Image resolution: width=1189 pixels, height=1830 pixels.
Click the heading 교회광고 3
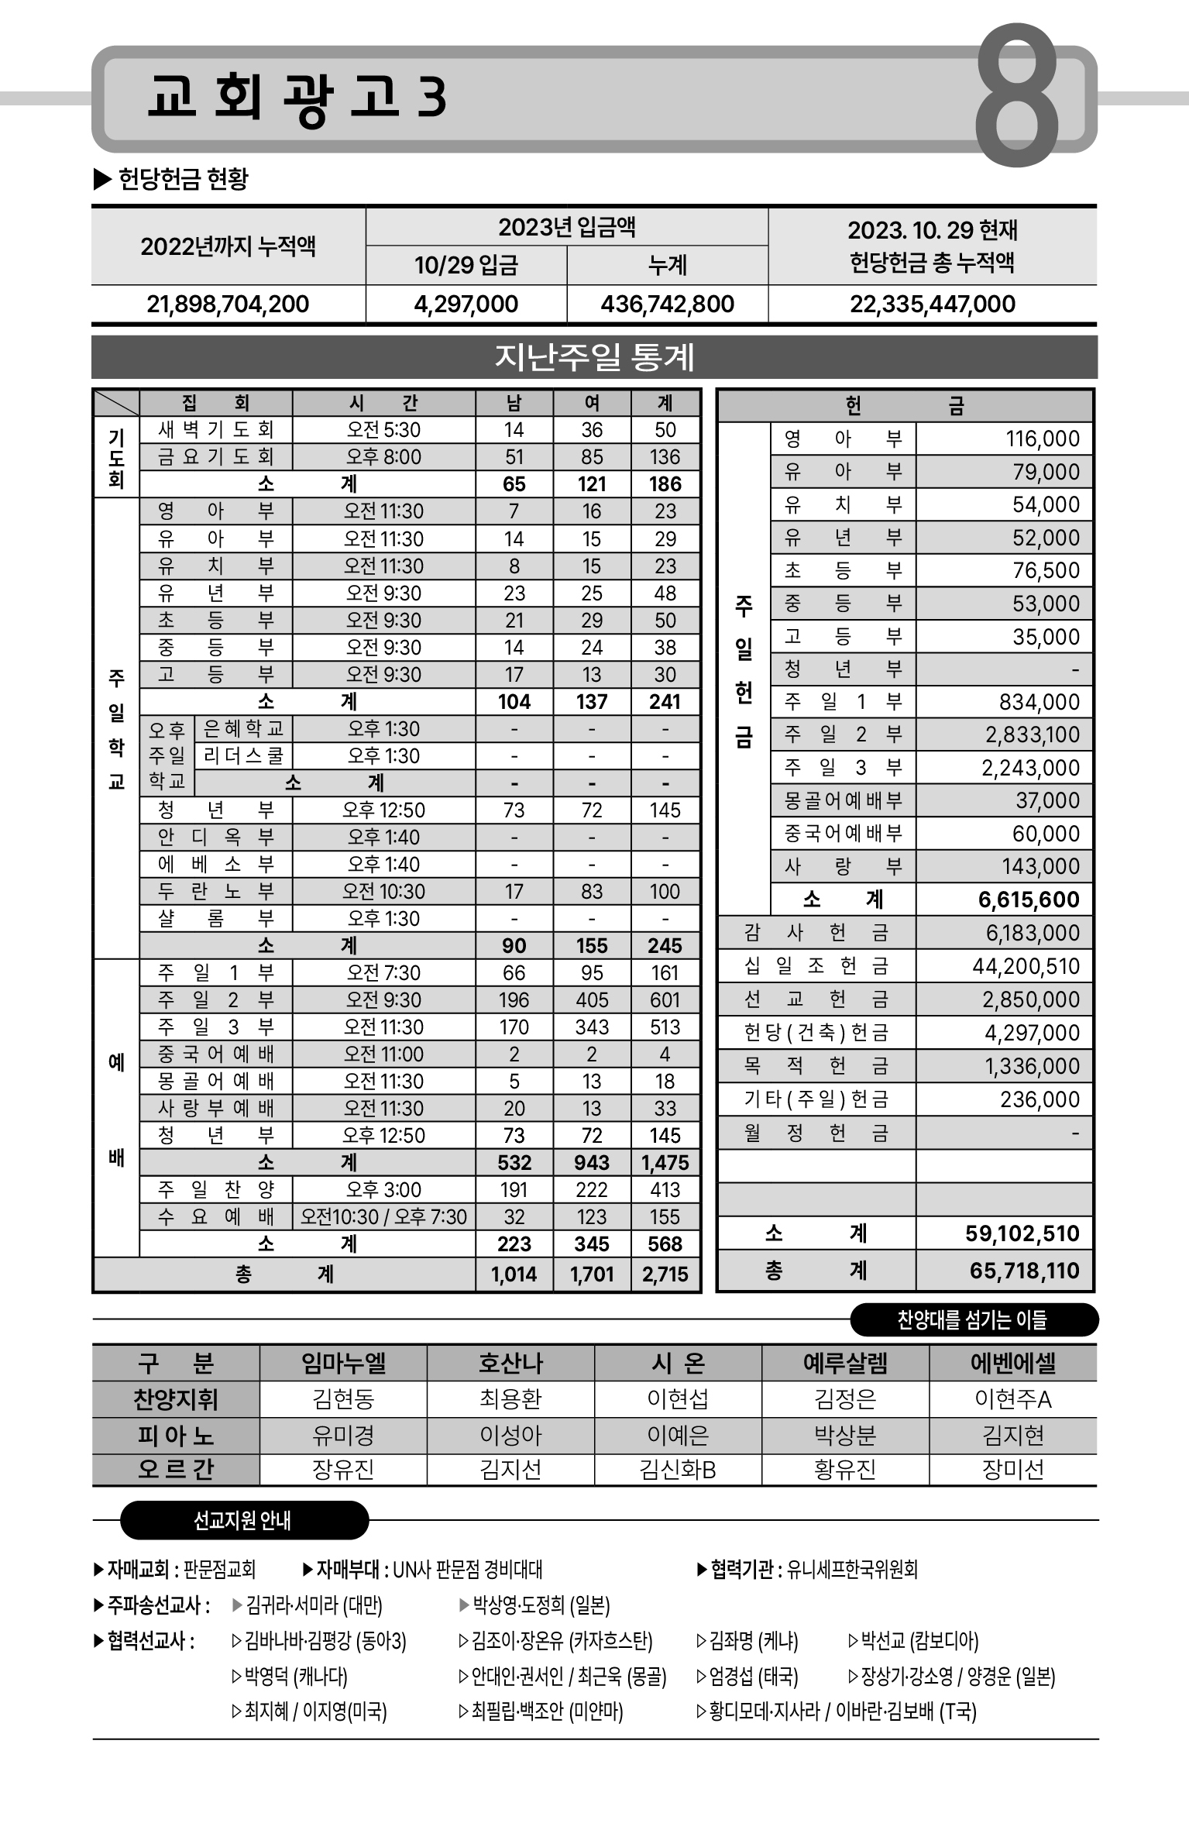point(297,98)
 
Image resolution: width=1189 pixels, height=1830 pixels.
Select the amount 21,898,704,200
point(228,304)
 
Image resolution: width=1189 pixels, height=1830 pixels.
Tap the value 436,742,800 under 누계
point(667,304)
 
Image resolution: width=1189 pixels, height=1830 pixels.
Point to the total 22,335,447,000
point(932,304)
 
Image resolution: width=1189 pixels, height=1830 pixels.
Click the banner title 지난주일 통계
point(594,357)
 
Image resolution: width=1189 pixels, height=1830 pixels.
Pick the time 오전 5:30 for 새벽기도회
point(383,430)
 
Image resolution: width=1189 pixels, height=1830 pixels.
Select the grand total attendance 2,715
point(665,1274)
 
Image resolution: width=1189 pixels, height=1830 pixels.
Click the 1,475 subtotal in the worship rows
point(665,1162)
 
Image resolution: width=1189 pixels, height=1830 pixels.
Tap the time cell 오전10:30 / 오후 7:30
point(383,1216)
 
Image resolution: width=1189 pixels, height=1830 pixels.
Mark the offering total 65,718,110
point(1024,1271)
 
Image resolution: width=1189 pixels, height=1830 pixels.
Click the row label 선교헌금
point(816,999)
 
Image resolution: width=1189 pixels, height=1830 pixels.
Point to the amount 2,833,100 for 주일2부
point(1032,734)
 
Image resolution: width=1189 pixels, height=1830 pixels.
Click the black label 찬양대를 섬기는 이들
point(972,1320)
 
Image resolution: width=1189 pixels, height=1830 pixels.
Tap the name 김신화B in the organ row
point(678,1469)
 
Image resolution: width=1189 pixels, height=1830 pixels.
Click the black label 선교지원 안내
point(242,1520)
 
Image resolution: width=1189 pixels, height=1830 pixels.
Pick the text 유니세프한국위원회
point(852,1570)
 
